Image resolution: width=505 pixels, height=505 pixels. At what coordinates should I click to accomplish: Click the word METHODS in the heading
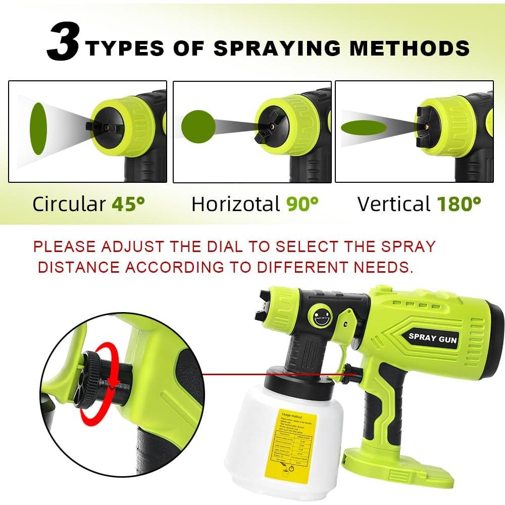click(x=410, y=48)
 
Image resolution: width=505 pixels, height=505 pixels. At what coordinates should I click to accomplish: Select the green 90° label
click(x=302, y=204)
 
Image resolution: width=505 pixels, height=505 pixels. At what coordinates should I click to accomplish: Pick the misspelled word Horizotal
click(x=235, y=204)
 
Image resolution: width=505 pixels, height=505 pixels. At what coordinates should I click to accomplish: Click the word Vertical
click(x=394, y=204)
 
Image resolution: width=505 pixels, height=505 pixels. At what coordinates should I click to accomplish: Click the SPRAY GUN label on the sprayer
click(x=433, y=338)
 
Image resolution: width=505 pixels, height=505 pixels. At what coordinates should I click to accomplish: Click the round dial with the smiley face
click(x=321, y=316)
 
